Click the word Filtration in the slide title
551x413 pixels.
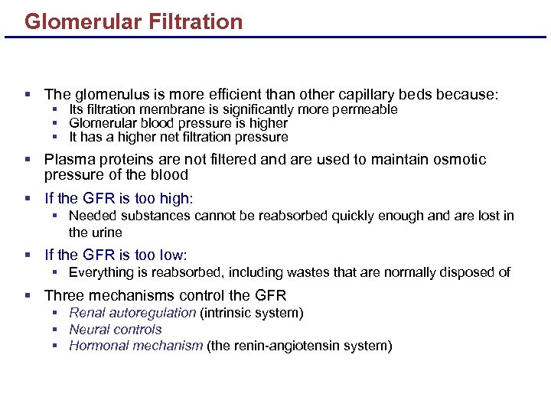pos(197,21)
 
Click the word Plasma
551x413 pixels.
pos(69,160)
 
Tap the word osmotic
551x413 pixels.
pos(458,160)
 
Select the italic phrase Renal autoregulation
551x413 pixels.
pos(132,313)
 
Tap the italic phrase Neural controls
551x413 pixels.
pos(116,330)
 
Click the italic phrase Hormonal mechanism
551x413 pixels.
pos(135,346)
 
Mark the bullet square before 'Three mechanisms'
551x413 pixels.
pos(28,296)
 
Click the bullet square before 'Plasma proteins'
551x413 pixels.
pos(28,160)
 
